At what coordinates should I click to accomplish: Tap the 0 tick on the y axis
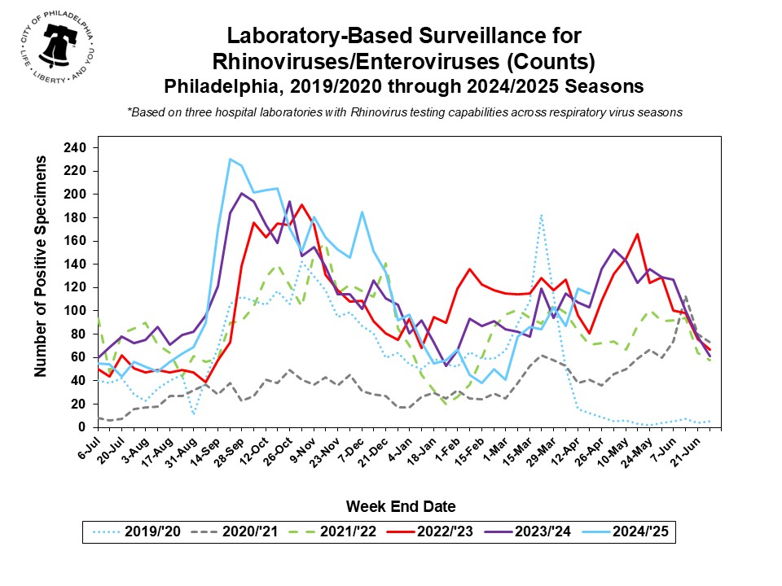tap(81, 427)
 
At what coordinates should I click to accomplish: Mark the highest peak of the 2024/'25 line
tap(231, 159)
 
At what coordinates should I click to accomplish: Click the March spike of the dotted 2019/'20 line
tap(541, 215)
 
